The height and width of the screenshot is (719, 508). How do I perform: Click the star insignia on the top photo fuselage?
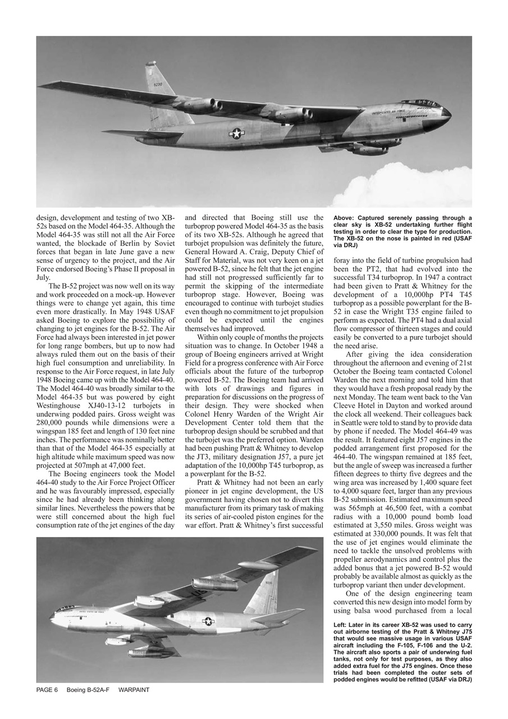[x=237, y=133]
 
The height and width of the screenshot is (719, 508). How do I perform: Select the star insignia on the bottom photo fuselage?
[x=208, y=621]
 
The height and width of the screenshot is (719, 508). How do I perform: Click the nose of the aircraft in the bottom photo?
[x=52, y=616]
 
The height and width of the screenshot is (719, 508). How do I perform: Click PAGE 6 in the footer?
[x=47, y=690]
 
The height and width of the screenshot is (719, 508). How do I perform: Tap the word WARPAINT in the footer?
[x=134, y=690]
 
